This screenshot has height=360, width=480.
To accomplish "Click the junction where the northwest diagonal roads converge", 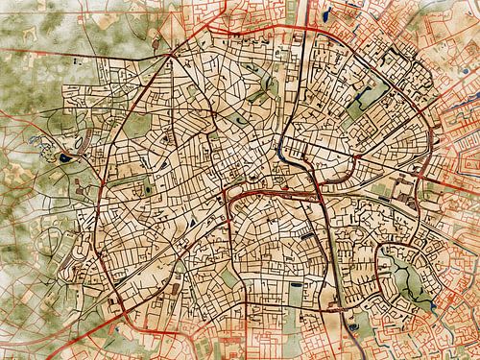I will [171, 55].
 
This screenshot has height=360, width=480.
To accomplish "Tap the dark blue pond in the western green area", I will [64, 158].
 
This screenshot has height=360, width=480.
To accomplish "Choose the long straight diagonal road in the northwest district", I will [134, 106].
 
